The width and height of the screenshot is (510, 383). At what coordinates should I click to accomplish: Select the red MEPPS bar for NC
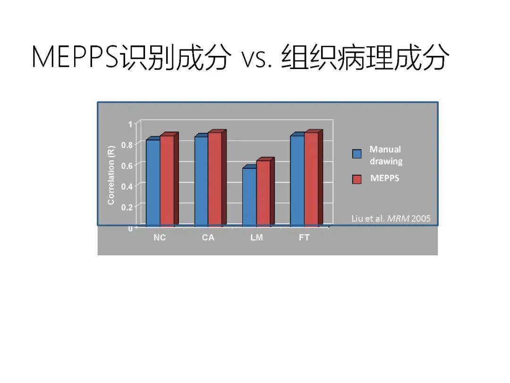[167, 180]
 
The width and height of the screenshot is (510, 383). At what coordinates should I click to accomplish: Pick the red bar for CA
[215, 178]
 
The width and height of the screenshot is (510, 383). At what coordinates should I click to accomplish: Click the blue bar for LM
[249, 196]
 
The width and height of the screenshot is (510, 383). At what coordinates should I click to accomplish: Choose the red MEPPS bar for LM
[263, 192]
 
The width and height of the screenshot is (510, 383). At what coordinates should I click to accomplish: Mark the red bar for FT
[311, 178]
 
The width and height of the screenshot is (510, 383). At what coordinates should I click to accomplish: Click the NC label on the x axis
[160, 238]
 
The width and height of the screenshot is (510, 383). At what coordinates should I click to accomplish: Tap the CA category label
[208, 238]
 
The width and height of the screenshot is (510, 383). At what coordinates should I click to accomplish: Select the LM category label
[256, 238]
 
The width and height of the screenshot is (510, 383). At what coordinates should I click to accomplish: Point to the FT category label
[304, 238]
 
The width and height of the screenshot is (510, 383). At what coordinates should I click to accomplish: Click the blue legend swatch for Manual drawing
[357, 154]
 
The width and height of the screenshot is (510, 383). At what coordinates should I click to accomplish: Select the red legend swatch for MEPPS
[357, 179]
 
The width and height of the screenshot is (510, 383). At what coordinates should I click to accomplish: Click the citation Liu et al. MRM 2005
[391, 219]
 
